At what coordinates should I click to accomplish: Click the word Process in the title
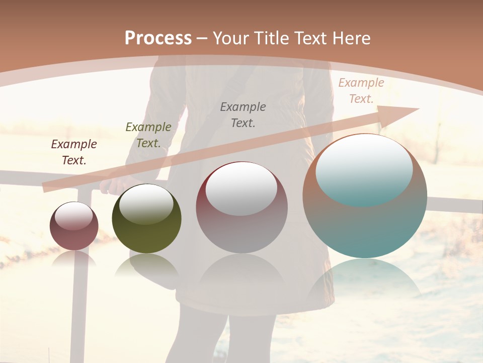(158, 38)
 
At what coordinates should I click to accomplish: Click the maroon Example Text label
(74, 152)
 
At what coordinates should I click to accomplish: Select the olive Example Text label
(148, 135)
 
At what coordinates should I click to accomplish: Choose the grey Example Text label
(243, 114)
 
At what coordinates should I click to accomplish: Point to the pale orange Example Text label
(361, 91)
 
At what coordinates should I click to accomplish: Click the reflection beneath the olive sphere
(146, 265)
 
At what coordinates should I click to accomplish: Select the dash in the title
(203, 38)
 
